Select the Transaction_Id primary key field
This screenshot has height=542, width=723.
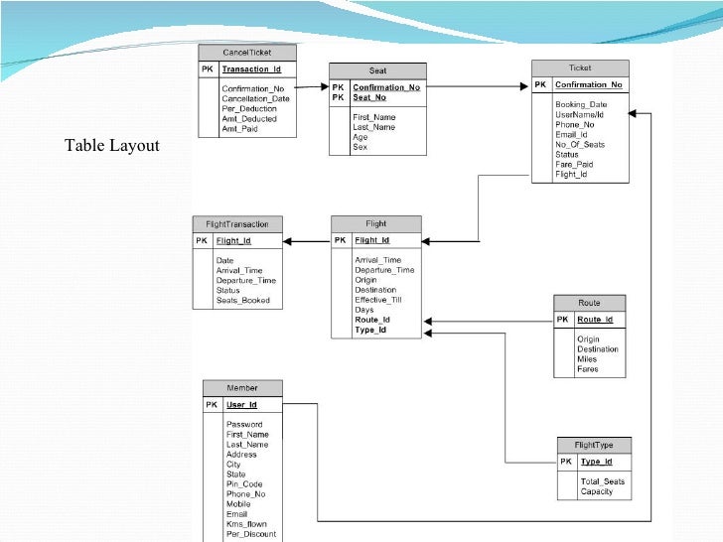point(251,69)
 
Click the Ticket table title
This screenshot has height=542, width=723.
point(580,68)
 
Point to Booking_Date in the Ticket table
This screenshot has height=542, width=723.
point(582,104)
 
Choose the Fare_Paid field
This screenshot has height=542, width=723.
point(575,164)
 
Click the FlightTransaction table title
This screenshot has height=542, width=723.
point(237,223)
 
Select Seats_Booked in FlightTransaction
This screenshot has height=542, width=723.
point(242,301)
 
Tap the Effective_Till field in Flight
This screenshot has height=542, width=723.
point(378,299)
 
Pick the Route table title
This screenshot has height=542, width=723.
point(590,302)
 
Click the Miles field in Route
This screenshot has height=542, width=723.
point(588,359)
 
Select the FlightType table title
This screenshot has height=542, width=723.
point(593,445)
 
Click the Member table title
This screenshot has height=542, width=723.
point(242,387)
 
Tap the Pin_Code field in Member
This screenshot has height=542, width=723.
point(244,484)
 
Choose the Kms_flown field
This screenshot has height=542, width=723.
point(246,524)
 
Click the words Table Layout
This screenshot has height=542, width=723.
point(111,147)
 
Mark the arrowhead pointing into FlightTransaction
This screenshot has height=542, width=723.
point(287,240)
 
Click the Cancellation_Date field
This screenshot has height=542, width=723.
point(256,98)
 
